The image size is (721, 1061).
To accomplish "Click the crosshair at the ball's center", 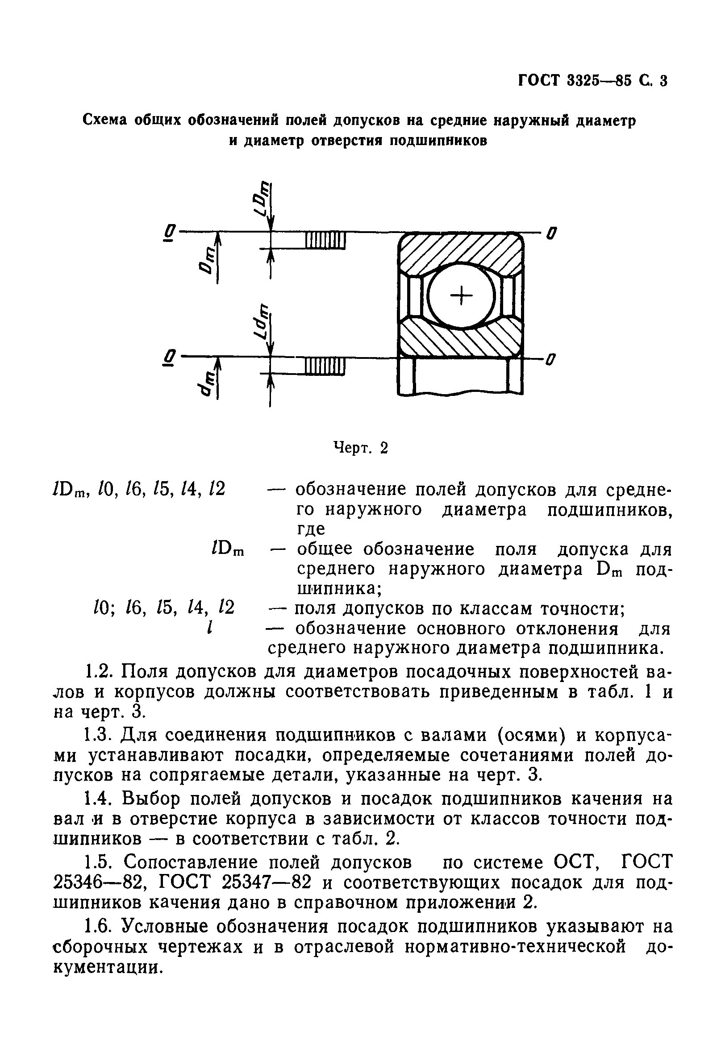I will [462, 296].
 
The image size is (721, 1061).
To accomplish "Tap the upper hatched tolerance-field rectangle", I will [325, 240].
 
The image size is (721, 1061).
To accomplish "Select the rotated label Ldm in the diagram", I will [262, 322].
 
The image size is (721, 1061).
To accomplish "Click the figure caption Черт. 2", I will [360, 448].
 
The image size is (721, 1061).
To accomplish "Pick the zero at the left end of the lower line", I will [169, 358].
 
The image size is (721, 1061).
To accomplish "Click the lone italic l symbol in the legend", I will [208, 629].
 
